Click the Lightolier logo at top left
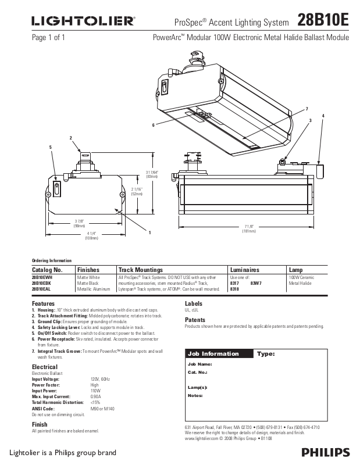click(x=83, y=22)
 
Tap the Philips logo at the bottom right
click(x=326, y=452)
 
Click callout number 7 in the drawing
click(x=306, y=110)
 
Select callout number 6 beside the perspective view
click(x=154, y=124)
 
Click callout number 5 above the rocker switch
click(x=51, y=148)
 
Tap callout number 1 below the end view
click(x=149, y=233)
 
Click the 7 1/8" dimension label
click(x=249, y=226)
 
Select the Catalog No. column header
click(x=47, y=270)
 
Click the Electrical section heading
click(x=44, y=367)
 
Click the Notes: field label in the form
click(x=195, y=395)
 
